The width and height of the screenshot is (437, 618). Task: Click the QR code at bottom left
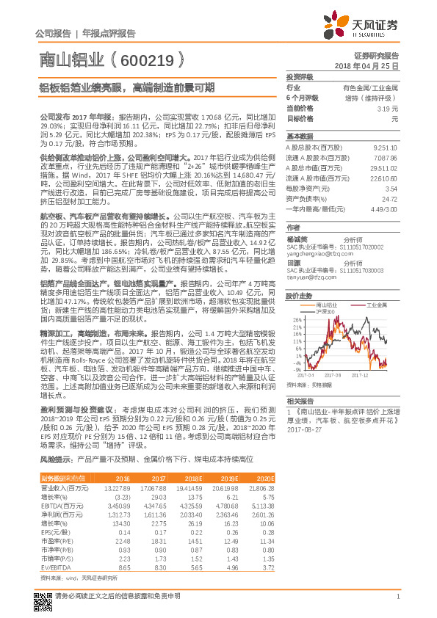(43, 596)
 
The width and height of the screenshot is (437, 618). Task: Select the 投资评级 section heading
(300, 76)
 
